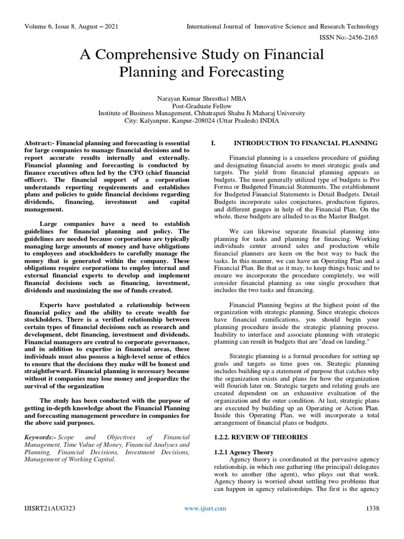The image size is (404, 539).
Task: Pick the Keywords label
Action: pyautogui.click(x=39, y=437)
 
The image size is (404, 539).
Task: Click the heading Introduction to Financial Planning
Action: pyautogui.click(x=305, y=143)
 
